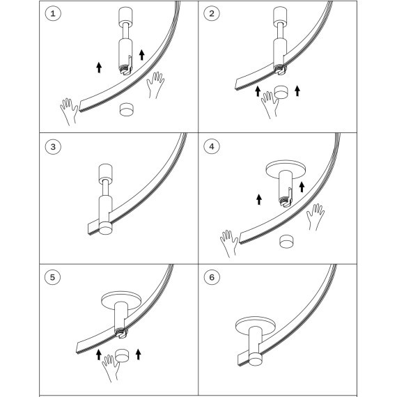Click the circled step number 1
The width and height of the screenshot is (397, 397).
click(x=53, y=13)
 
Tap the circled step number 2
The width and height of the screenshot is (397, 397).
click(x=212, y=13)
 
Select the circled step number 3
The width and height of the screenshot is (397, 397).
click(x=53, y=146)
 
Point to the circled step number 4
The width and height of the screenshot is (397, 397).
click(x=212, y=146)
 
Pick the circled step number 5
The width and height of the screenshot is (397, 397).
click(x=52, y=277)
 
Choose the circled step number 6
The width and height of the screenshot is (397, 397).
click(x=212, y=277)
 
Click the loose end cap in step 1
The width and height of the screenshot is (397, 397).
click(x=126, y=109)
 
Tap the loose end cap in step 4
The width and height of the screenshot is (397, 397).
click(x=287, y=241)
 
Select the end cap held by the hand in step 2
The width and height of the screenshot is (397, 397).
click(x=281, y=92)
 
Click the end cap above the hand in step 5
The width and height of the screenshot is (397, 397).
click(x=123, y=355)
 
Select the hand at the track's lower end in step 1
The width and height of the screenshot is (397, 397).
click(x=69, y=111)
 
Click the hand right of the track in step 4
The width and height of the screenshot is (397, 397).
click(x=316, y=217)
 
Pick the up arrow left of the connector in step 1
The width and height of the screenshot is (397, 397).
click(x=99, y=68)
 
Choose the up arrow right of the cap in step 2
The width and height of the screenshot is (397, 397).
click(x=297, y=91)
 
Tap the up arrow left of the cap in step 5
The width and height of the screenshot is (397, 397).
click(x=99, y=355)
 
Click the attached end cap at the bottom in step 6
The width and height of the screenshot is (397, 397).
click(x=256, y=359)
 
